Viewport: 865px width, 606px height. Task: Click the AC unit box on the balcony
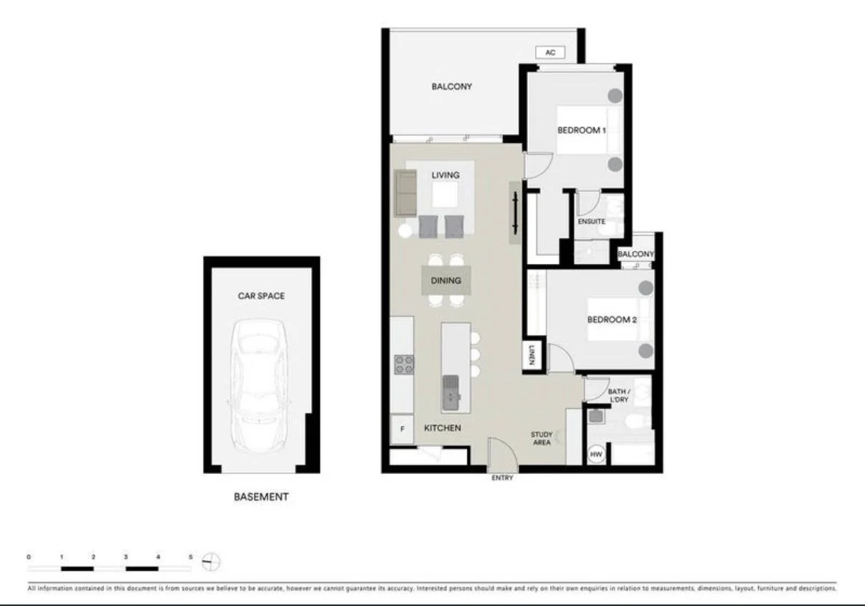550,53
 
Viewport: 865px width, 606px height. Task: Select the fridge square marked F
402,430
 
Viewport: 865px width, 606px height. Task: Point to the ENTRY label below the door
502,478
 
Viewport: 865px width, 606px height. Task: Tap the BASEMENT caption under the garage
261,496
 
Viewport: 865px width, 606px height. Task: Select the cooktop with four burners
404,365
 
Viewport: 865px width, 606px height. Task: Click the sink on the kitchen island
451,390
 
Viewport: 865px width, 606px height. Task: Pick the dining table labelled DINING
446,280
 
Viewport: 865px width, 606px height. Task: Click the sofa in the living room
405,191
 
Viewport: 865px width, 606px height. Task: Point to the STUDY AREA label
542,438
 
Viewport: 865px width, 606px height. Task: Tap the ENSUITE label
591,222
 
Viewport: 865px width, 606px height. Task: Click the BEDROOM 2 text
612,319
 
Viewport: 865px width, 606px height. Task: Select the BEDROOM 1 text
582,131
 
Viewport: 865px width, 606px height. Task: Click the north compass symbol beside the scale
212,562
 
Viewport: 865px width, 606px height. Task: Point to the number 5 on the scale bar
190,557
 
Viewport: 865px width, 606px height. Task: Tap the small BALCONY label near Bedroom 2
635,254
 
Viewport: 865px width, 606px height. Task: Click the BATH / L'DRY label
618,395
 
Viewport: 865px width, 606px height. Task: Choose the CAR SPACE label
261,295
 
